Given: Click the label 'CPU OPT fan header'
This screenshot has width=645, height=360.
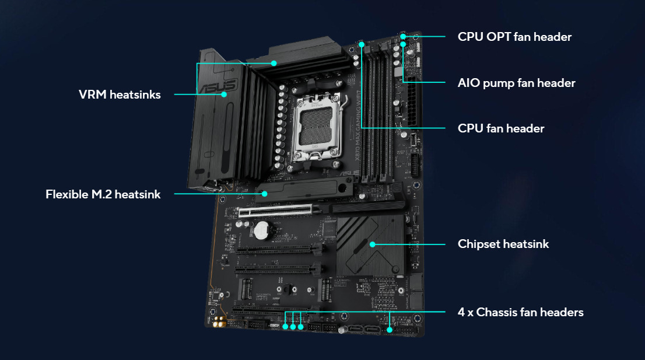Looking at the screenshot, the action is click(x=514, y=37).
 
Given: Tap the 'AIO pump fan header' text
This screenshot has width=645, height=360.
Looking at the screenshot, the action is click(x=516, y=83).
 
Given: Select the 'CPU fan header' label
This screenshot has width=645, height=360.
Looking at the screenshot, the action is click(x=501, y=128).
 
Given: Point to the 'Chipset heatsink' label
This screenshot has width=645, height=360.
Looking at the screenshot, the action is click(x=503, y=244).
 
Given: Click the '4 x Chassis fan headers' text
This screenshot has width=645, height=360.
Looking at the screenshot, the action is click(x=520, y=312).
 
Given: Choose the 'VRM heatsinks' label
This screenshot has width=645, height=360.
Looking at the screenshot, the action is click(x=120, y=95).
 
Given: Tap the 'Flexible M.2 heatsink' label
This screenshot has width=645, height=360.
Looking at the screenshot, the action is click(x=103, y=194).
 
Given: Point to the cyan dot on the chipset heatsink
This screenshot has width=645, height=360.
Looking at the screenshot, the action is click(x=372, y=244).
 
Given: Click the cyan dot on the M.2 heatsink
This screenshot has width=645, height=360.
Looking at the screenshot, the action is click(x=265, y=194).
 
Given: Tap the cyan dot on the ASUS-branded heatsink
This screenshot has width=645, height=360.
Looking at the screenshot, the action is click(x=224, y=94).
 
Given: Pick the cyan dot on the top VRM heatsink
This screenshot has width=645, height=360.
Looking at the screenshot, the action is click(x=274, y=64).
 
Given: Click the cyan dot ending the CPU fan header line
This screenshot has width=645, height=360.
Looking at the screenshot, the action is click(x=362, y=44).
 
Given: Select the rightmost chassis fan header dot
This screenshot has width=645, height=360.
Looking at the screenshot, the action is click(x=390, y=330).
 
